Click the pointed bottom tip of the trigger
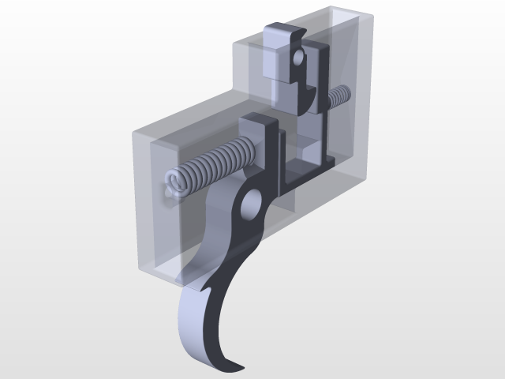(x=236, y=367)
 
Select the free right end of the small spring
(x=346, y=92)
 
